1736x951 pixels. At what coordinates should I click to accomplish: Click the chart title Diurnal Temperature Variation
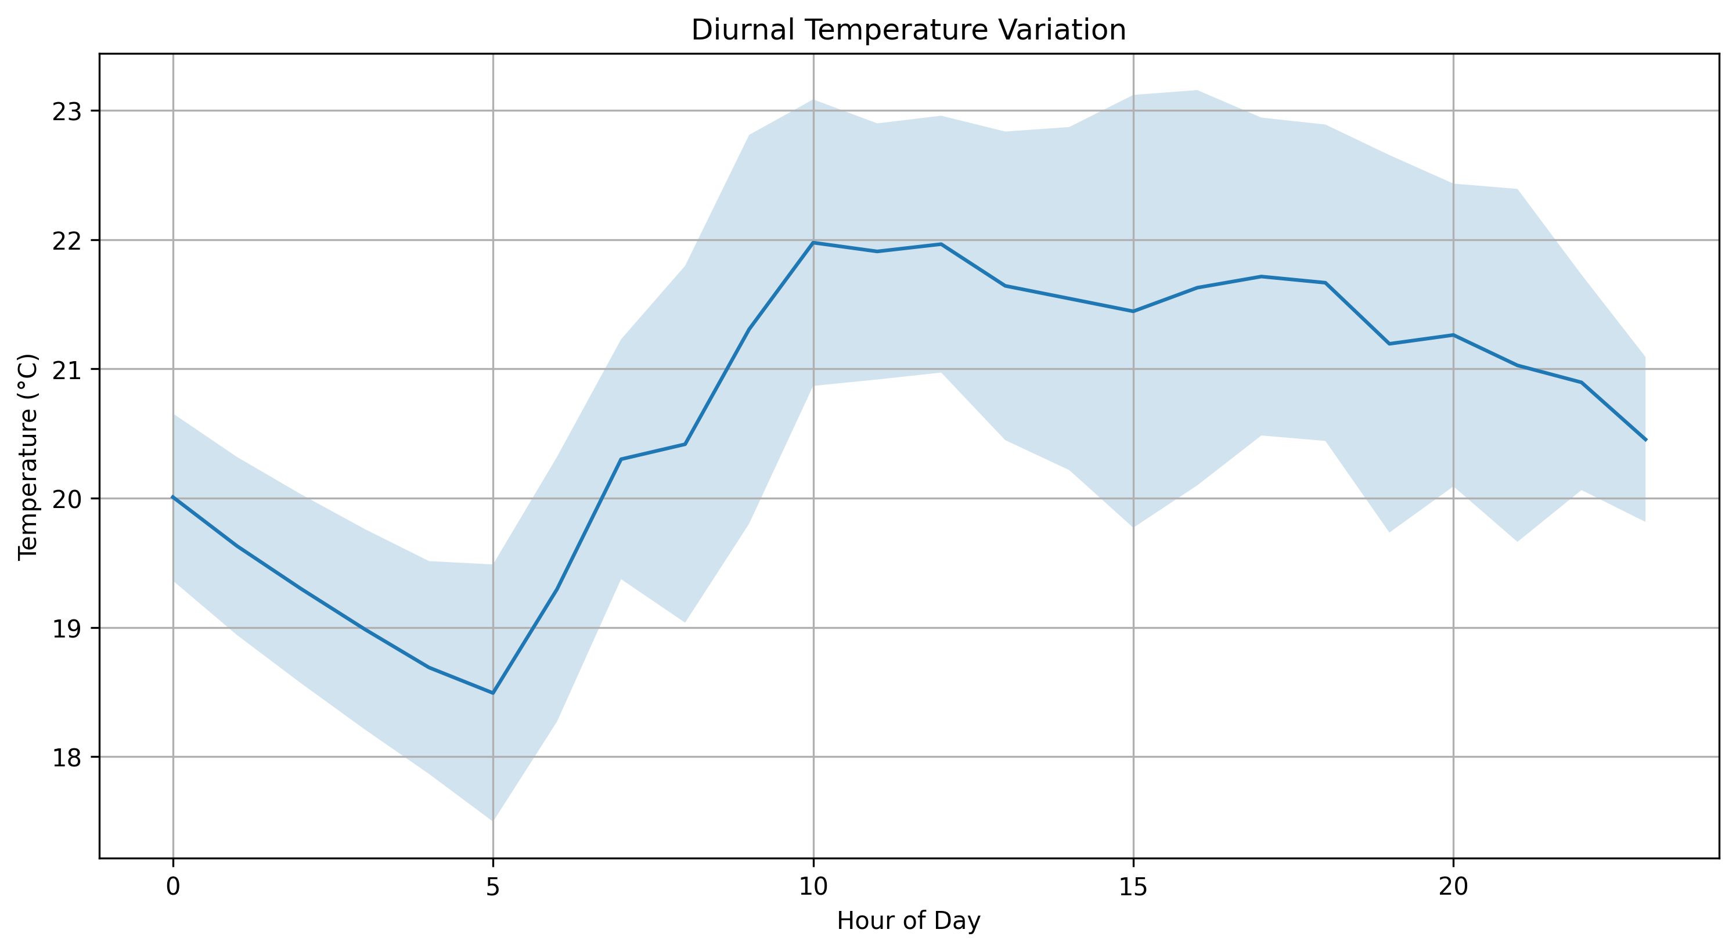909,30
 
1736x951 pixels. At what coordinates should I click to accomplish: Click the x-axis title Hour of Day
909,921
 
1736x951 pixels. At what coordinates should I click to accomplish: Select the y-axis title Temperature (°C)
28,456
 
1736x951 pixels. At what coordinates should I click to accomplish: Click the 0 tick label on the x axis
173,887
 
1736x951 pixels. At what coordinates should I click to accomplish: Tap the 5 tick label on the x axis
494,887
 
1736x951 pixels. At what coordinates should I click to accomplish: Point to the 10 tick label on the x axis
813,887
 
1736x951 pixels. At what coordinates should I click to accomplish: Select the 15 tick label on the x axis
1133,887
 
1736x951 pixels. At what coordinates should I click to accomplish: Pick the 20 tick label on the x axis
1454,887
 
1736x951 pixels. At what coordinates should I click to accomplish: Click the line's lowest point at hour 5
494,693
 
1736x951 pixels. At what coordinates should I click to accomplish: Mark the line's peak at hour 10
813,242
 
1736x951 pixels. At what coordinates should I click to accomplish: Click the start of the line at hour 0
173,497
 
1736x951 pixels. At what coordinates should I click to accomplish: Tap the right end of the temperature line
1645,440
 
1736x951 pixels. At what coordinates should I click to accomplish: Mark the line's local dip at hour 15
1133,311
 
